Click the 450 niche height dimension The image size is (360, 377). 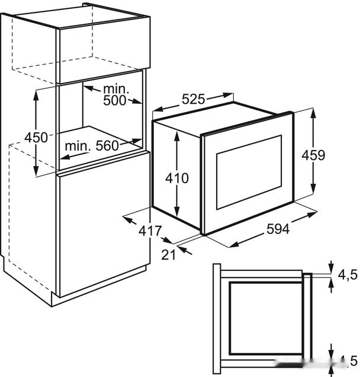click(36, 138)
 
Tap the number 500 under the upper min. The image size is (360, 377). click(114, 101)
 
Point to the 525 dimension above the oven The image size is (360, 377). click(193, 100)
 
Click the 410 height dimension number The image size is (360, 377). click(176, 177)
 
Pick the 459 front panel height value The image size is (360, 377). click(313, 155)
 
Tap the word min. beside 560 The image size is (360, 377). click(78, 145)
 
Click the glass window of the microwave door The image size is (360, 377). click(248, 172)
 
